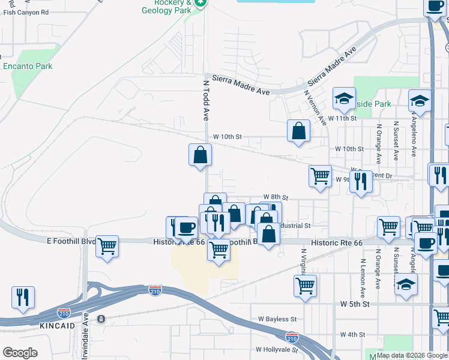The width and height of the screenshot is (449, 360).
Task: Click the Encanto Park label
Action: click(28, 67)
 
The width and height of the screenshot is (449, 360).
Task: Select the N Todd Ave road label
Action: click(205, 101)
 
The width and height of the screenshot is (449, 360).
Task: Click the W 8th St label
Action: click(276, 197)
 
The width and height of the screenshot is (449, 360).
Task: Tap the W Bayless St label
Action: click(277, 320)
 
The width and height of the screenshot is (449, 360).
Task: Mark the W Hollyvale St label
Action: click(276, 349)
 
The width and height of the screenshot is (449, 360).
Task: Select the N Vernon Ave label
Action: click(316, 107)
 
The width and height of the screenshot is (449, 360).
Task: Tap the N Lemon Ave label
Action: click(363, 278)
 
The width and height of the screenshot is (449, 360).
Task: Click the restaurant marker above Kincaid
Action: click(23, 297)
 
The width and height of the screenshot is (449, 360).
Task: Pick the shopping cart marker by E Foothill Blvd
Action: click(107, 246)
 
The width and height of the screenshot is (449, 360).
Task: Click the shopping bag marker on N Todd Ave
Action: click(200, 155)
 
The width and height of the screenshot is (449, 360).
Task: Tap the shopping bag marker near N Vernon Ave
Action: click(298, 131)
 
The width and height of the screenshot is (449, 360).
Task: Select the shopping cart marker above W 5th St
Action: click(306, 285)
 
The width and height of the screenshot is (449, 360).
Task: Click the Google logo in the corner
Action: click(20, 353)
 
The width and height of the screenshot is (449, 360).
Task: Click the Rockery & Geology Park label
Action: click(169, 6)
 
